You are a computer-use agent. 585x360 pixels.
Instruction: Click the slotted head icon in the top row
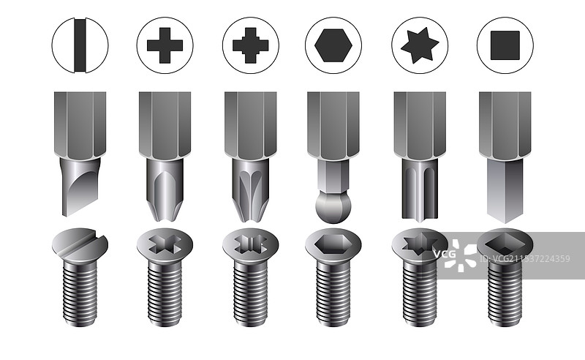click(x=80, y=45)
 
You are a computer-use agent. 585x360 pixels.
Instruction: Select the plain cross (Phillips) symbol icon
click(x=165, y=45)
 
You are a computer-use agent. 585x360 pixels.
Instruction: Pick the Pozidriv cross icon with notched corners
click(x=250, y=45)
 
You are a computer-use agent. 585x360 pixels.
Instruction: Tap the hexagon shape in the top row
click(x=333, y=45)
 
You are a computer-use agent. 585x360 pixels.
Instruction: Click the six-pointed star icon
click(x=420, y=45)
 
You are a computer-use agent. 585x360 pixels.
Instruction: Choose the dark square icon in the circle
click(x=505, y=45)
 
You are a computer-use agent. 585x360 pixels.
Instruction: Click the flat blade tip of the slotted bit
click(x=80, y=187)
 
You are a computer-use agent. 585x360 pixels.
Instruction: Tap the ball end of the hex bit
click(x=333, y=206)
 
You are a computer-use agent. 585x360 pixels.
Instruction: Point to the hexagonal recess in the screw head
click(x=333, y=244)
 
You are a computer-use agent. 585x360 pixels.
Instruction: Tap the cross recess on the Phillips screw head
click(x=165, y=244)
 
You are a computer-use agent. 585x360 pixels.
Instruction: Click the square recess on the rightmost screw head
click(x=505, y=245)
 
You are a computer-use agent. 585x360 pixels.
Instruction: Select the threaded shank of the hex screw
click(x=333, y=293)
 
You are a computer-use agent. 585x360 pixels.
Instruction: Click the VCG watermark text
click(x=445, y=255)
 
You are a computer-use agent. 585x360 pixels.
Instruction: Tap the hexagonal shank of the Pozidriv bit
click(x=250, y=125)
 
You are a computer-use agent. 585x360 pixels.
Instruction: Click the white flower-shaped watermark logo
click(x=461, y=255)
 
